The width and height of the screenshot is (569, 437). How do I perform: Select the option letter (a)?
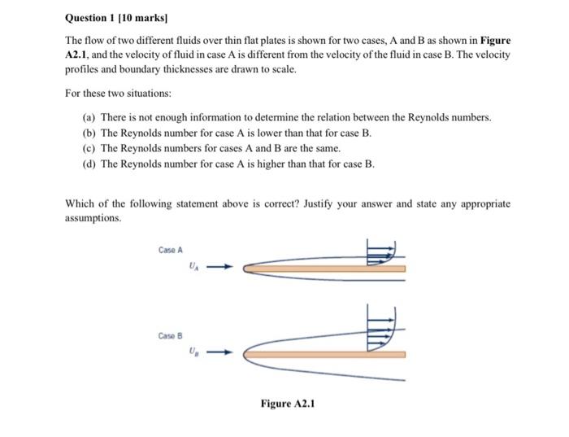(x=89, y=118)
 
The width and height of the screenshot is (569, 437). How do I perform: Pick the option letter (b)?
(x=89, y=133)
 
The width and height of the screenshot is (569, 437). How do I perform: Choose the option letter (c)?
(x=89, y=148)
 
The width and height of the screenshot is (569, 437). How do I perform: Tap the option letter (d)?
(x=89, y=164)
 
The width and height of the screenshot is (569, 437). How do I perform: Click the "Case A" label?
(x=171, y=249)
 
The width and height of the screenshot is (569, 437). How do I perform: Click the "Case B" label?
(x=171, y=335)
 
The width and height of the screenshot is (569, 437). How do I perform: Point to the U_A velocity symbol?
(x=192, y=265)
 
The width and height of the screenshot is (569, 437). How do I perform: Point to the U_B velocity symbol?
(x=192, y=352)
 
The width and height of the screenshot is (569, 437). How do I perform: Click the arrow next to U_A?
(x=224, y=266)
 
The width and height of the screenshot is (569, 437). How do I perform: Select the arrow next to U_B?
(x=224, y=353)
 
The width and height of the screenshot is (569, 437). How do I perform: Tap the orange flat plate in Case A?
(x=325, y=267)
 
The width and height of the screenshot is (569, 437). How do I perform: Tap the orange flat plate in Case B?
(x=325, y=354)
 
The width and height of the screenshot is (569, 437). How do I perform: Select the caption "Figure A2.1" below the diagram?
(x=287, y=403)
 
